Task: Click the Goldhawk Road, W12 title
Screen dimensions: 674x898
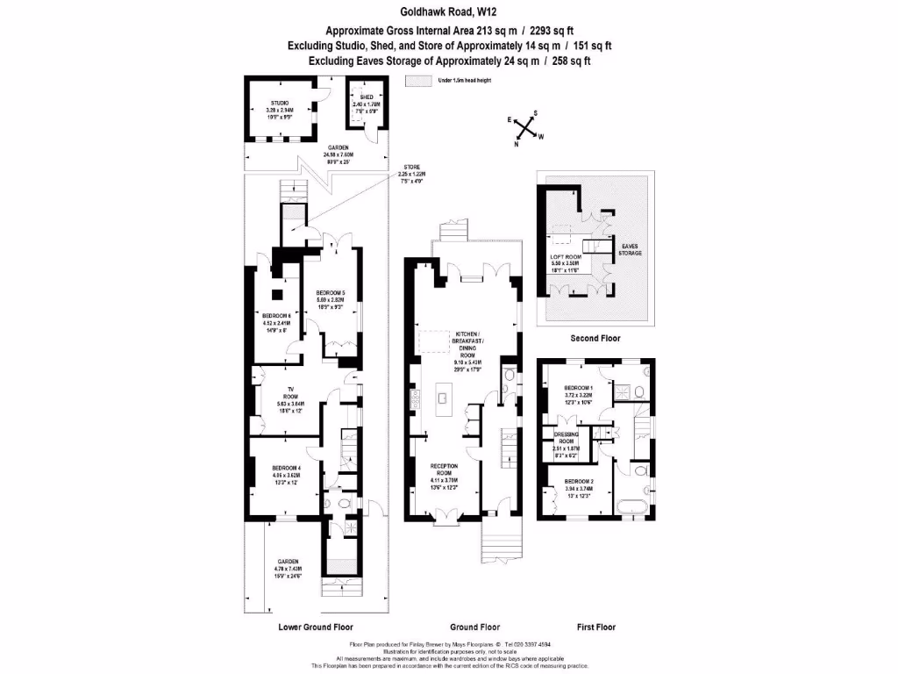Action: pos(449,12)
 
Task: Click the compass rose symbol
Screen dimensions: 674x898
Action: pos(525,131)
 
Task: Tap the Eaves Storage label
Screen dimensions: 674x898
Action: pos(631,249)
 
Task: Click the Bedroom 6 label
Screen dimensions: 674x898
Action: pos(276,316)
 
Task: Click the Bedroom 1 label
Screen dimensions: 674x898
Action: pos(579,387)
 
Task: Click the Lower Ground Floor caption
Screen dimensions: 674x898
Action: pos(316,627)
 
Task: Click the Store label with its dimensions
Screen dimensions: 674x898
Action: pos(411,173)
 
